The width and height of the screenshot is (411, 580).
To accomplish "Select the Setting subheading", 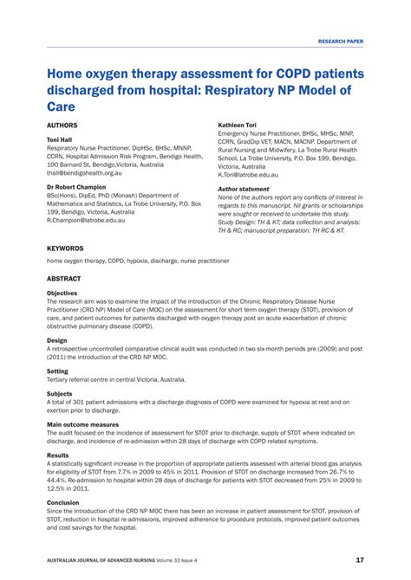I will click(58, 371).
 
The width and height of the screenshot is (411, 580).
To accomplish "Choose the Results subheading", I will click(58, 454).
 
